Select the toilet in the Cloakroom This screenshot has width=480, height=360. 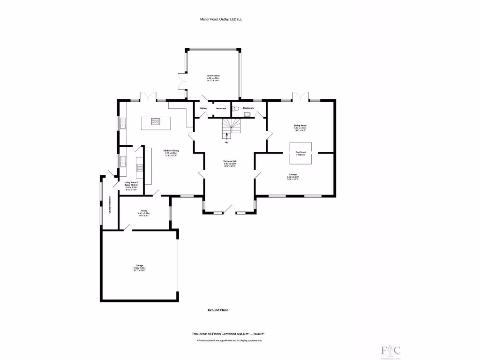[x=236, y=109]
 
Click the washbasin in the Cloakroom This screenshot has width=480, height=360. [x=247, y=112]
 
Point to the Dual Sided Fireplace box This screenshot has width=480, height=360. [x=300, y=153]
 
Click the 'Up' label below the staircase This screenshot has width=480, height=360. [x=227, y=142]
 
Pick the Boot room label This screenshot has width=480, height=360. [x=221, y=108]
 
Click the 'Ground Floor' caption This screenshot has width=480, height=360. [x=217, y=310]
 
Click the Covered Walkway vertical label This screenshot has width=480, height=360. [x=110, y=205]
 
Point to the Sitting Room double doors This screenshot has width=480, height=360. [x=300, y=96]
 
